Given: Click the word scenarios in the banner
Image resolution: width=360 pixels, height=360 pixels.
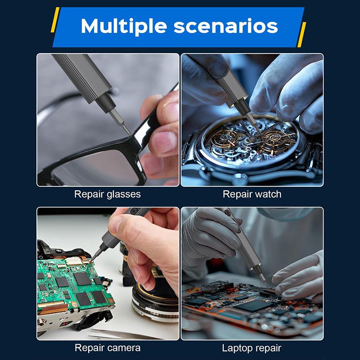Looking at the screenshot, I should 226,26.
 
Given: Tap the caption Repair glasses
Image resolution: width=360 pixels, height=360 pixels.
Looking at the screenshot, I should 108,194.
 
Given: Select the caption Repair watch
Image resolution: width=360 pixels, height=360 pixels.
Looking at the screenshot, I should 252,194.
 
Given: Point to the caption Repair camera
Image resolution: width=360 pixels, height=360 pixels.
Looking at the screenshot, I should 108,348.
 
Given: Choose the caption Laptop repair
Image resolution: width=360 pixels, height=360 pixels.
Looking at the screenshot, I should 252,348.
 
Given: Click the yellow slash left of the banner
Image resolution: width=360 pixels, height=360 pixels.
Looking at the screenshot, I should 55,20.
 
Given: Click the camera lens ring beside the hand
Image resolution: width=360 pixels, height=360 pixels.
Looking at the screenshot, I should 148,301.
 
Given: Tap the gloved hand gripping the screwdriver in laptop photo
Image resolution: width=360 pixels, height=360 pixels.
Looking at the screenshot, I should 207,234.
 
